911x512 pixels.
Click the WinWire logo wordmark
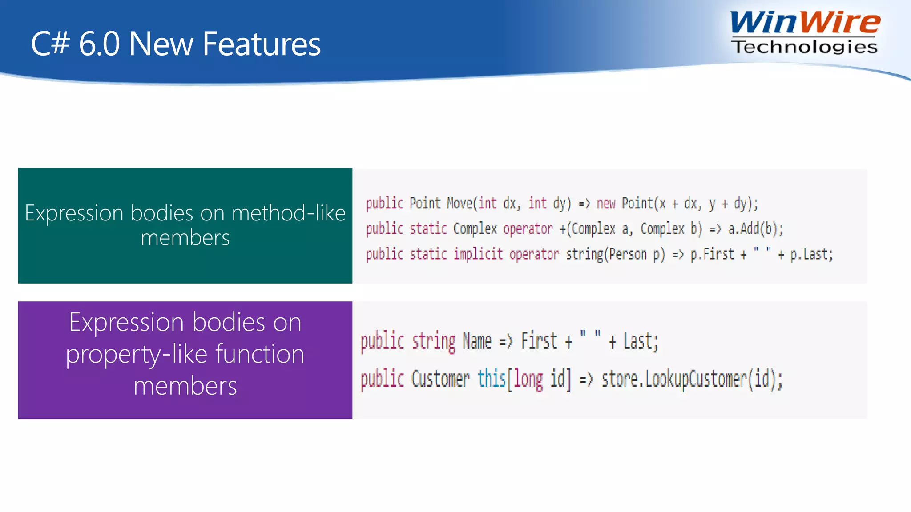805,23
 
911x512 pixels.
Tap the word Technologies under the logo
804,47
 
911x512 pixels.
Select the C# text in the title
50,44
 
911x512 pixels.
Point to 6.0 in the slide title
99,44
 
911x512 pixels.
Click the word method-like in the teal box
289,213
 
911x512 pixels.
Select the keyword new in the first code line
606,204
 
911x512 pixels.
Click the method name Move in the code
460,204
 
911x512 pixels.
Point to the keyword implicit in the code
478,254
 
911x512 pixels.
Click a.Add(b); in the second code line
755,229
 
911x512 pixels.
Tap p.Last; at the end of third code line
811,254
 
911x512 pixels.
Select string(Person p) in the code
615,254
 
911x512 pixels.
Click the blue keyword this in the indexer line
492,379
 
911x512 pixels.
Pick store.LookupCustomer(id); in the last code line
692,379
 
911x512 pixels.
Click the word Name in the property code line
477,341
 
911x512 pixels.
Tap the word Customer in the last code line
440,379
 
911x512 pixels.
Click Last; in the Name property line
641,341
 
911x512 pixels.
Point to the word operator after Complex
528,229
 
